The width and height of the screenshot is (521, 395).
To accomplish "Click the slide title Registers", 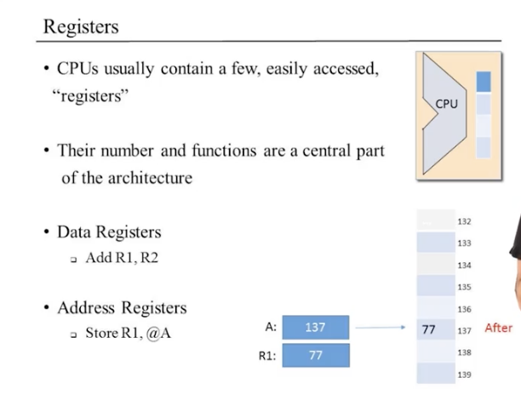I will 82,26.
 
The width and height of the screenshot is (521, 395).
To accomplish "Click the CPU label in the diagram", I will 446,103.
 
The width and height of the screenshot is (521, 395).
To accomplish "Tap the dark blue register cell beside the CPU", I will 484,82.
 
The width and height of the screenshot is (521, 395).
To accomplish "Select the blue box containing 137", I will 315,327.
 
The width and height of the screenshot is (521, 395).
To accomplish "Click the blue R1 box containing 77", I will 315,356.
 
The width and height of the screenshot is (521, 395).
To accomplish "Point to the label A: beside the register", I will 272,327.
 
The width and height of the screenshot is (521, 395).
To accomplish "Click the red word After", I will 498,328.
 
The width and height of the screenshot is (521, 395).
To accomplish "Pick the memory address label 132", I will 464,221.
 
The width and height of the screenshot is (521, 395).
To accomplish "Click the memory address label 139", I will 464,374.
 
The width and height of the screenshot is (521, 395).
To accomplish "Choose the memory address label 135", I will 464,287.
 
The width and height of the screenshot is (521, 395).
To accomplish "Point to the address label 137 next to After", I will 464,329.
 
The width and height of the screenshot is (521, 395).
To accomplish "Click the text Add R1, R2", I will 122,258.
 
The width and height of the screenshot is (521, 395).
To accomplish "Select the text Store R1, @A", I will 129,333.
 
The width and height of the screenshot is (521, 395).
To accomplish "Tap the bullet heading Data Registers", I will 108,232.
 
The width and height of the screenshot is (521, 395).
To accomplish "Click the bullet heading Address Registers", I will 121,307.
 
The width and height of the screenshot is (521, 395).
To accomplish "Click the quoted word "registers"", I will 89,95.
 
